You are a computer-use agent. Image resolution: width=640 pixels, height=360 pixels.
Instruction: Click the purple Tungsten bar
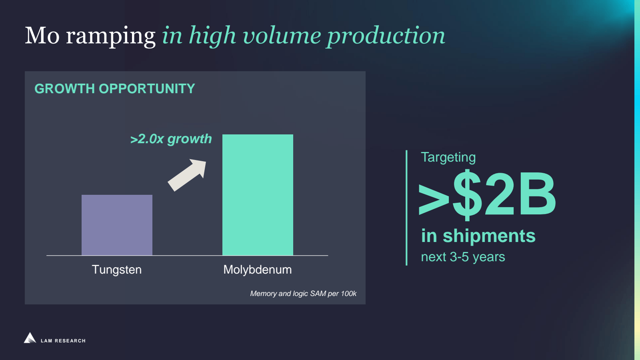[x=117, y=225]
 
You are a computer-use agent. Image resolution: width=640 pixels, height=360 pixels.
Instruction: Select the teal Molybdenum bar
[x=258, y=195]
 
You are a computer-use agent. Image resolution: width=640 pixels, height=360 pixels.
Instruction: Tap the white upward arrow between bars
[x=187, y=175]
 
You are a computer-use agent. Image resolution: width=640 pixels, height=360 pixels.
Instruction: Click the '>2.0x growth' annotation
[x=171, y=139]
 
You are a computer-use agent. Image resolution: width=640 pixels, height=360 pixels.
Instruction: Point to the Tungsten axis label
[x=116, y=270]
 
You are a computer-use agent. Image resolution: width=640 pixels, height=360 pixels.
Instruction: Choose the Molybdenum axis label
[x=258, y=270]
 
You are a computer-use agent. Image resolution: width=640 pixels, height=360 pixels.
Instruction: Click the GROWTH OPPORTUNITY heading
[x=114, y=88]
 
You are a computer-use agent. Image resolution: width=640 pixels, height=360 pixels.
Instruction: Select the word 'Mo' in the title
[x=42, y=36]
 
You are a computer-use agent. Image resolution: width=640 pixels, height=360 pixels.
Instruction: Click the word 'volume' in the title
[x=282, y=36]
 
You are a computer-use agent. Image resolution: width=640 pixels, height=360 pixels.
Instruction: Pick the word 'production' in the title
[x=386, y=36]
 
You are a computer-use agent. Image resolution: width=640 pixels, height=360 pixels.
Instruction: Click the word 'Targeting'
[x=448, y=158]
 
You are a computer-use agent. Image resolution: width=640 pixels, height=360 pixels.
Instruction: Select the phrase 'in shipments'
[x=478, y=236]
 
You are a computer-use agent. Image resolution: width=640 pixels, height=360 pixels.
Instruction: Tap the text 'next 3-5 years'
[x=463, y=257]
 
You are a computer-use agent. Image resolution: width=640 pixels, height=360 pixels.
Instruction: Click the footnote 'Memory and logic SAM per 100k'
[x=303, y=294]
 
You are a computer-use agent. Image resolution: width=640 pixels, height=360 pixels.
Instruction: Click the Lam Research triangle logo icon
[x=30, y=338]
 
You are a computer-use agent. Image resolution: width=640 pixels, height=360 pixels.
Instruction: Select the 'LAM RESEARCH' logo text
[x=63, y=341]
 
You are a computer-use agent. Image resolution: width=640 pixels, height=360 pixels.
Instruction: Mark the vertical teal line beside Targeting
[x=406, y=208]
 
